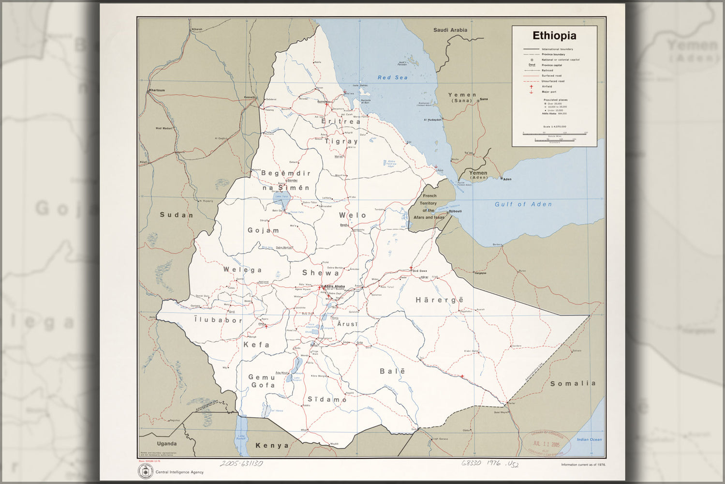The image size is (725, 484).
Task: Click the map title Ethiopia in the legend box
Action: [x=554, y=36]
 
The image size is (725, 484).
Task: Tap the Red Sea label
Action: [x=392, y=77]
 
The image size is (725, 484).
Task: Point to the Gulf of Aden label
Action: [x=523, y=204]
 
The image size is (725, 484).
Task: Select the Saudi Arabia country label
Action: [x=450, y=30]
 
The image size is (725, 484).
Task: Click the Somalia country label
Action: [x=573, y=383]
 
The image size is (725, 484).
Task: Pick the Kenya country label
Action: [x=272, y=445]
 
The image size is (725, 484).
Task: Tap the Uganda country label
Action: [x=167, y=443]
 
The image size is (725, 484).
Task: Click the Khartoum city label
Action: [x=157, y=90]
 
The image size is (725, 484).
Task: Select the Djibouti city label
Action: [x=455, y=212]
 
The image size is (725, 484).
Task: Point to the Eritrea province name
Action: [x=341, y=121]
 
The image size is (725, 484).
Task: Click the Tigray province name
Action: [x=341, y=141]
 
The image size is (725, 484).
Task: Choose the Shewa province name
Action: [x=321, y=273]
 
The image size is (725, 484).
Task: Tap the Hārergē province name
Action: [x=439, y=300]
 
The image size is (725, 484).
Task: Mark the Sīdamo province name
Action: [x=327, y=399]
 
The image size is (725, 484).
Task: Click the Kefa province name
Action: [x=256, y=345]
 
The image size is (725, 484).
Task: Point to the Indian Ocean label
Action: [x=589, y=439]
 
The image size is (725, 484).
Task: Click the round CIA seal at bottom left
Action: [x=145, y=472]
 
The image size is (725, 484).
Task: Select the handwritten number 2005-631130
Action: [x=241, y=463]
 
